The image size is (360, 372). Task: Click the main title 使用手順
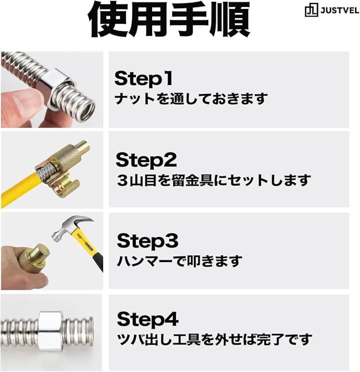point(169,19)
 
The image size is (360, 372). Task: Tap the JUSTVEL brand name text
point(340,11)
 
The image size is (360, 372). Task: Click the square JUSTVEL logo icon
point(311,11)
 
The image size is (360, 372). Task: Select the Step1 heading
point(144,78)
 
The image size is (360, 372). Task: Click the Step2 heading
point(146,159)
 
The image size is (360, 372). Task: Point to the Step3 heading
point(147,241)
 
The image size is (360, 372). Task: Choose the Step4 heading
point(147,319)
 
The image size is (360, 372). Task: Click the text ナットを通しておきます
point(191,98)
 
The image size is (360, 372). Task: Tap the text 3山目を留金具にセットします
point(213,180)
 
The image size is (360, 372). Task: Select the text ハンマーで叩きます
point(179,261)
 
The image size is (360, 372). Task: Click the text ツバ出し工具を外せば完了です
point(214,339)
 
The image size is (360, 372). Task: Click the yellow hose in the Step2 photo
point(19,187)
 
